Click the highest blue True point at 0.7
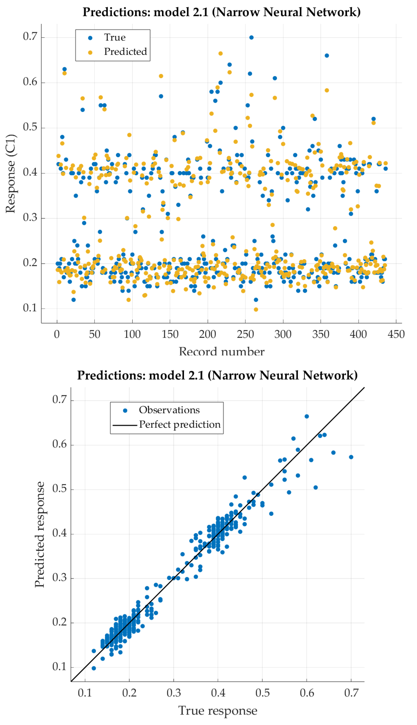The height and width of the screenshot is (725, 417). click(x=251, y=37)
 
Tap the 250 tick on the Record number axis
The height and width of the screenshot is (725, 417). click(x=245, y=334)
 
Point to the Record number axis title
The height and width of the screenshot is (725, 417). click(x=221, y=352)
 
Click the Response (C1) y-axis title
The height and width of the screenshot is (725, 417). click(x=10, y=174)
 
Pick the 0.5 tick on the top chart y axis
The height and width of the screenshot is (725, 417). click(x=30, y=127)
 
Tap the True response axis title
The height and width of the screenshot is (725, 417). click(x=218, y=711)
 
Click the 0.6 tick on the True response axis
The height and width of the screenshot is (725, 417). click(x=307, y=693)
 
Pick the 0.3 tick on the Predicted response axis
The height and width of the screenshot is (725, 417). click(x=59, y=578)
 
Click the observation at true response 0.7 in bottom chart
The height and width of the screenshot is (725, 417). click(x=351, y=457)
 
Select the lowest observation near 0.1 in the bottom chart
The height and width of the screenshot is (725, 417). click(x=94, y=668)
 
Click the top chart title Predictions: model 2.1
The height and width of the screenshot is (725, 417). click(x=221, y=12)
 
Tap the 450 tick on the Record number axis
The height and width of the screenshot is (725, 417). click(x=396, y=334)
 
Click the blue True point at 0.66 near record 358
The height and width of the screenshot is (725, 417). click(x=327, y=55)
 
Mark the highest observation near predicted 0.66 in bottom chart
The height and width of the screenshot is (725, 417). click(x=307, y=416)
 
